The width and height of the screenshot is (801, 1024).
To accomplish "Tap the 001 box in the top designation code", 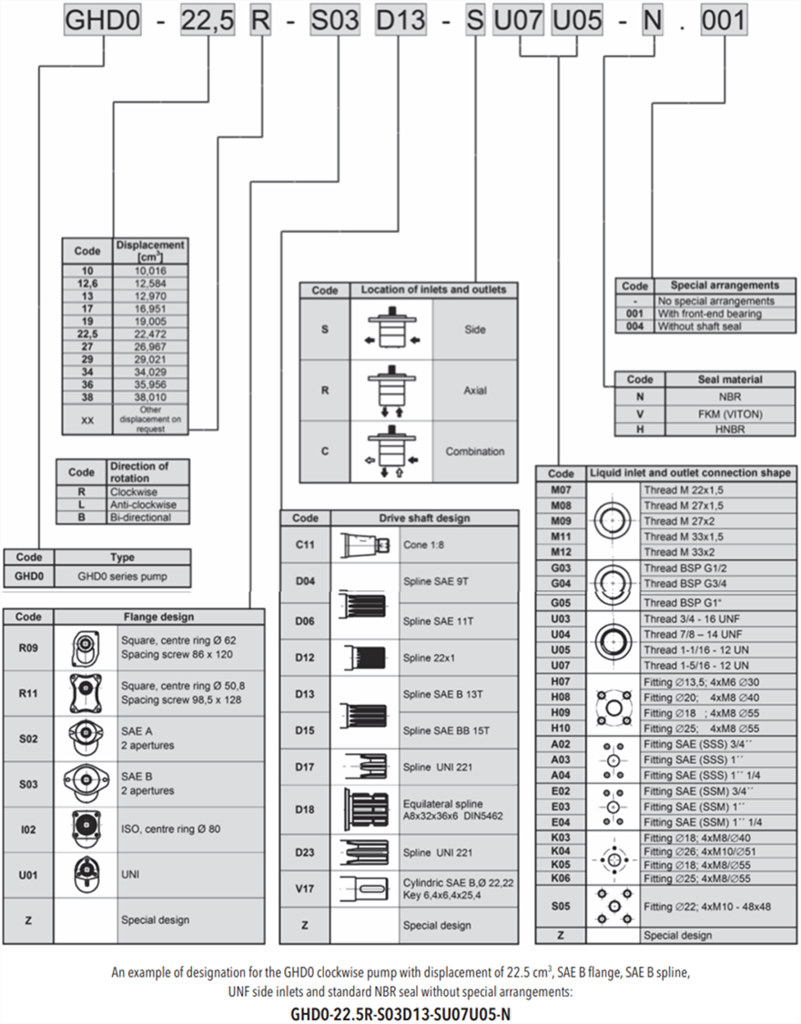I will pyautogui.click(x=724, y=21).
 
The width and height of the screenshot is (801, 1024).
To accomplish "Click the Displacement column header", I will pyautogui.click(x=151, y=250).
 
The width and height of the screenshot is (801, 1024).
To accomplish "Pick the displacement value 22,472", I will pyautogui.click(x=151, y=333).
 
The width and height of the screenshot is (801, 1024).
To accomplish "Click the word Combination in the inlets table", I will pyautogui.click(x=475, y=451).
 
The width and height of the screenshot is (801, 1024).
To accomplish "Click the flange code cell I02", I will pyautogui.click(x=28, y=828).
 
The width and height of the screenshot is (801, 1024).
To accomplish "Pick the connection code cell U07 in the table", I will pyautogui.click(x=561, y=665).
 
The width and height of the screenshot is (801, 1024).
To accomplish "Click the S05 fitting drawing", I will pyautogui.click(x=613, y=907).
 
